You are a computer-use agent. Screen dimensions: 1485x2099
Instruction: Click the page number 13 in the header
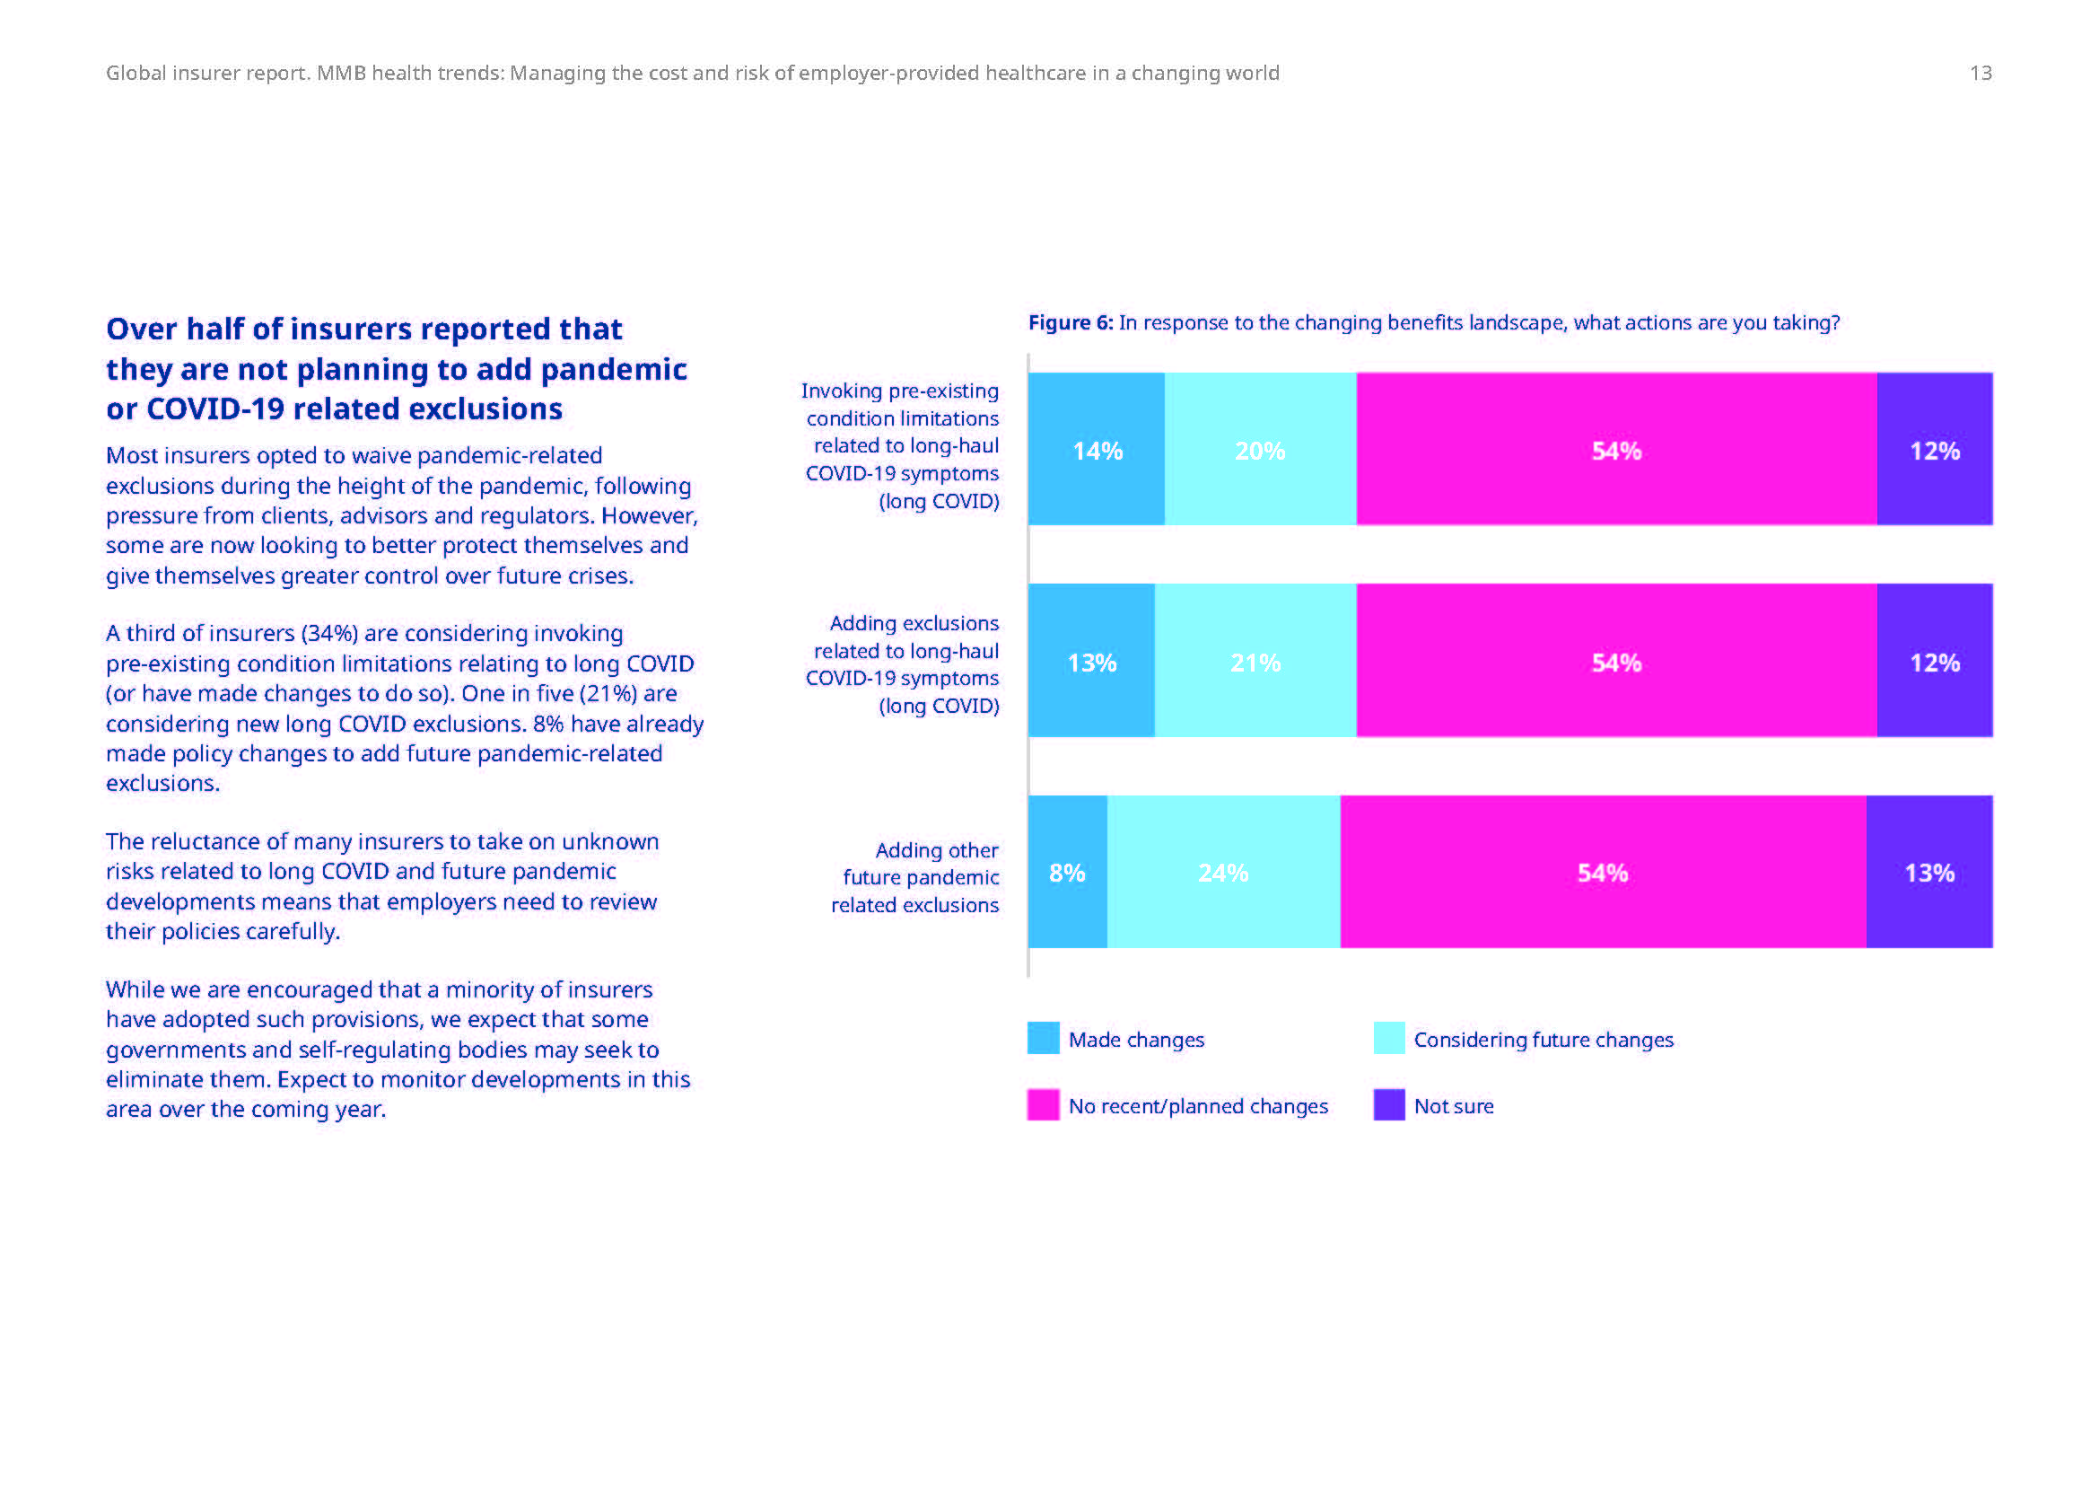(1981, 73)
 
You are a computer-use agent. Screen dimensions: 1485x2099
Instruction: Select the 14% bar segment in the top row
(1096, 449)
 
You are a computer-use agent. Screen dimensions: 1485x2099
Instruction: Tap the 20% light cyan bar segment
(1260, 449)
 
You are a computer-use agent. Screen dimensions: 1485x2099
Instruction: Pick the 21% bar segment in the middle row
(1255, 661)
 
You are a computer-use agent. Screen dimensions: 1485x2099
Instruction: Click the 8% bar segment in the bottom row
(1067, 873)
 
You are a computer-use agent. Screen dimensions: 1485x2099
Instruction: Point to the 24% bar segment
(1223, 873)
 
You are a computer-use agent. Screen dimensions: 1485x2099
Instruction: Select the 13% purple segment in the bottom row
(1929, 873)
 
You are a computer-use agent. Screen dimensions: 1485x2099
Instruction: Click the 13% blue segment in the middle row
(1091, 661)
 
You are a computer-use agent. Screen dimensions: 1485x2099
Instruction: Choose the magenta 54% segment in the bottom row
(1603, 873)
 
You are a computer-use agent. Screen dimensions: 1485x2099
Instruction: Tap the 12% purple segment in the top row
(1935, 449)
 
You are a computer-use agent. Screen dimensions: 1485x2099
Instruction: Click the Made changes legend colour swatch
(1043, 1039)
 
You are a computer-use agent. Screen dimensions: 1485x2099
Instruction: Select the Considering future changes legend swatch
(1388, 1039)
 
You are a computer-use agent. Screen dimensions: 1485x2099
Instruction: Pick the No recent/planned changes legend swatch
(1043, 1104)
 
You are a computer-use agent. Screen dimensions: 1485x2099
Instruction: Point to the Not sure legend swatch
(1388, 1104)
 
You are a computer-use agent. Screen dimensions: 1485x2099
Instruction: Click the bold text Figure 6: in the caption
(1071, 323)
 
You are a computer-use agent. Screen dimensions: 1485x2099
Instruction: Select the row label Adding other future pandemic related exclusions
(915, 877)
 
